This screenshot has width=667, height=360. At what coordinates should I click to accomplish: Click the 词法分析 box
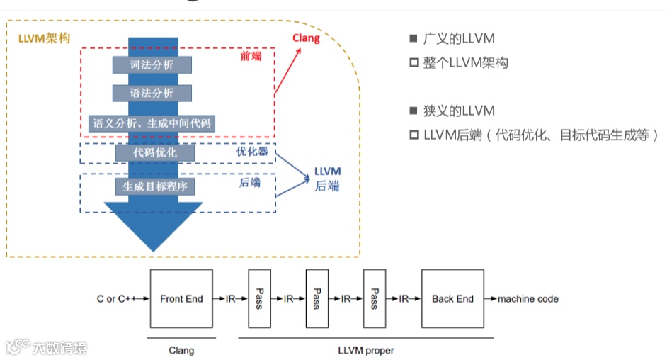pyautogui.click(x=152, y=64)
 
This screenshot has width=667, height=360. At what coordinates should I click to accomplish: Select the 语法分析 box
pyautogui.click(x=152, y=93)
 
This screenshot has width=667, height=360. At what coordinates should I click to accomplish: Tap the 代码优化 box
pyautogui.click(x=155, y=153)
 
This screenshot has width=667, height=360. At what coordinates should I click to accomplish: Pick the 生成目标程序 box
pyautogui.click(x=155, y=186)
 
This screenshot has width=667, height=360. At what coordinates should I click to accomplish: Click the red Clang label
pyautogui.click(x=306, y=38)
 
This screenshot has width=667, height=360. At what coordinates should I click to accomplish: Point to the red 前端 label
pyautogui.click(x=251, y=56)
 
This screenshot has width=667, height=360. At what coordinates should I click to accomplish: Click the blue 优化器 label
pyautogui.click(x=252, y=152)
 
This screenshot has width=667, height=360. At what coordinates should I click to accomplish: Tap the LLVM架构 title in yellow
pyautogui.click(x=44, y=38)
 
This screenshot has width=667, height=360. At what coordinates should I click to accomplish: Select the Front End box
pyautogui.click(x=181, y=299)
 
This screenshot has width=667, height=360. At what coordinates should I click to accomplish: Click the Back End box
pyautogui.click(x=452, y=299)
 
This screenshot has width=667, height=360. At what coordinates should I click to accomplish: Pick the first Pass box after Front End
pyautogui.click(x=259, y=299)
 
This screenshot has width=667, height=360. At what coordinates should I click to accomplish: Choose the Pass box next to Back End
pyautogui.click(x=375, y=299)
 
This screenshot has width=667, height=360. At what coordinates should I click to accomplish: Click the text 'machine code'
pyautogui.click(x=528, y=299)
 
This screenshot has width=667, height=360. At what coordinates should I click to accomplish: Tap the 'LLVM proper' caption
pyautogui.click(x=366, y=351)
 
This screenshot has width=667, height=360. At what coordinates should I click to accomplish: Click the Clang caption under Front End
pyautogui.click(x=181, y=351)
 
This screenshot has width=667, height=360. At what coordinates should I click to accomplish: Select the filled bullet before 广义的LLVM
pyautogui.click(x=413, y=38)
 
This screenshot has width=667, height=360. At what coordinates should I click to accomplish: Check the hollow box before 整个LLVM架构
pyautogui.click(x=414, y=62)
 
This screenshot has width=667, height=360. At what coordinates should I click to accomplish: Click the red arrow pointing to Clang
pyautogui.click(x=288, y=70)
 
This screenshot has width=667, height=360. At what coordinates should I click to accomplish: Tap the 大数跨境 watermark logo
pyautogui.click(x=46, y=347)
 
